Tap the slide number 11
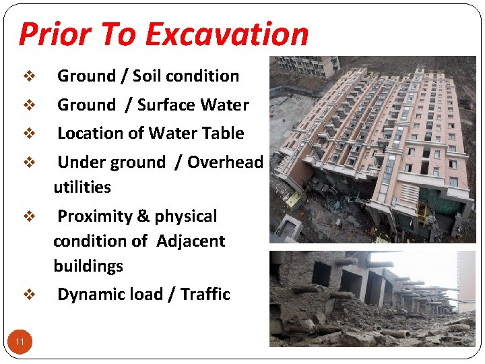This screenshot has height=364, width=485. coord(20,342)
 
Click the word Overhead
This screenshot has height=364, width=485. coord(225,162)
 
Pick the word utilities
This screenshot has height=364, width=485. coord(82,187)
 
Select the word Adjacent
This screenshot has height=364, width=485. coord(191,241)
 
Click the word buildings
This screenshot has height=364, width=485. coord(88,266)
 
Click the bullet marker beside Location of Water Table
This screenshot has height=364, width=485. coord(29,133)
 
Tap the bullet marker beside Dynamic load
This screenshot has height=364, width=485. coord(29,295)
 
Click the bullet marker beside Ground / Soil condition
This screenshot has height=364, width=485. coord(29,76)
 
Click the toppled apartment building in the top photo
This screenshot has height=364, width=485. coord(377,142)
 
